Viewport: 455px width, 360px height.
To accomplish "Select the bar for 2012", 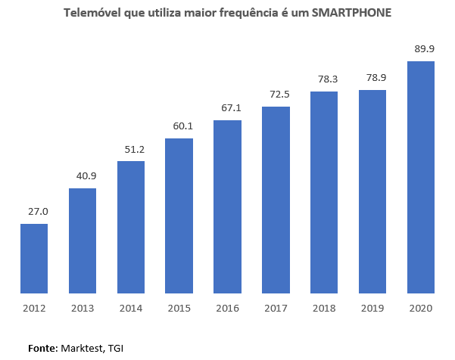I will coord(34,258).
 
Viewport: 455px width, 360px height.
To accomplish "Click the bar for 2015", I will coord(179,216).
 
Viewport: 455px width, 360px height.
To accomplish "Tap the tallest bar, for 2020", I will coord(421,177).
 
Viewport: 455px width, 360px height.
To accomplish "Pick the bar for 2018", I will coord(324,192).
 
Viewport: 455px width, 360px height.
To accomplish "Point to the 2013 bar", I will coord(83,241).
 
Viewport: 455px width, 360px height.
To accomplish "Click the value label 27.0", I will coord(34,212).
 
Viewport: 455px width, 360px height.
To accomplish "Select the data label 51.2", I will coord(131,149).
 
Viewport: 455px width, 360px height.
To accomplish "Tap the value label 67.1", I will coord(228,108).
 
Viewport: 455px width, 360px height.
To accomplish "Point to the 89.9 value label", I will coord(421,48).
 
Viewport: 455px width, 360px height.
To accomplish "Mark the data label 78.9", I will coord(372,78).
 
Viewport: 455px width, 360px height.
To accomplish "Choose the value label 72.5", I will coord(276,94).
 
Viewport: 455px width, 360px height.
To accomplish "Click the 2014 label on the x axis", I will coord(131,307).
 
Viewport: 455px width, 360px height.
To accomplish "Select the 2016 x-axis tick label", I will coord(228,307).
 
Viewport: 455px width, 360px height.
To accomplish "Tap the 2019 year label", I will coord(372,307).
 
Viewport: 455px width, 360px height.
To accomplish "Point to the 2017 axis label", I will coord(276,307).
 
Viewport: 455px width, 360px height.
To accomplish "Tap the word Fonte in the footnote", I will coord(42,348).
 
